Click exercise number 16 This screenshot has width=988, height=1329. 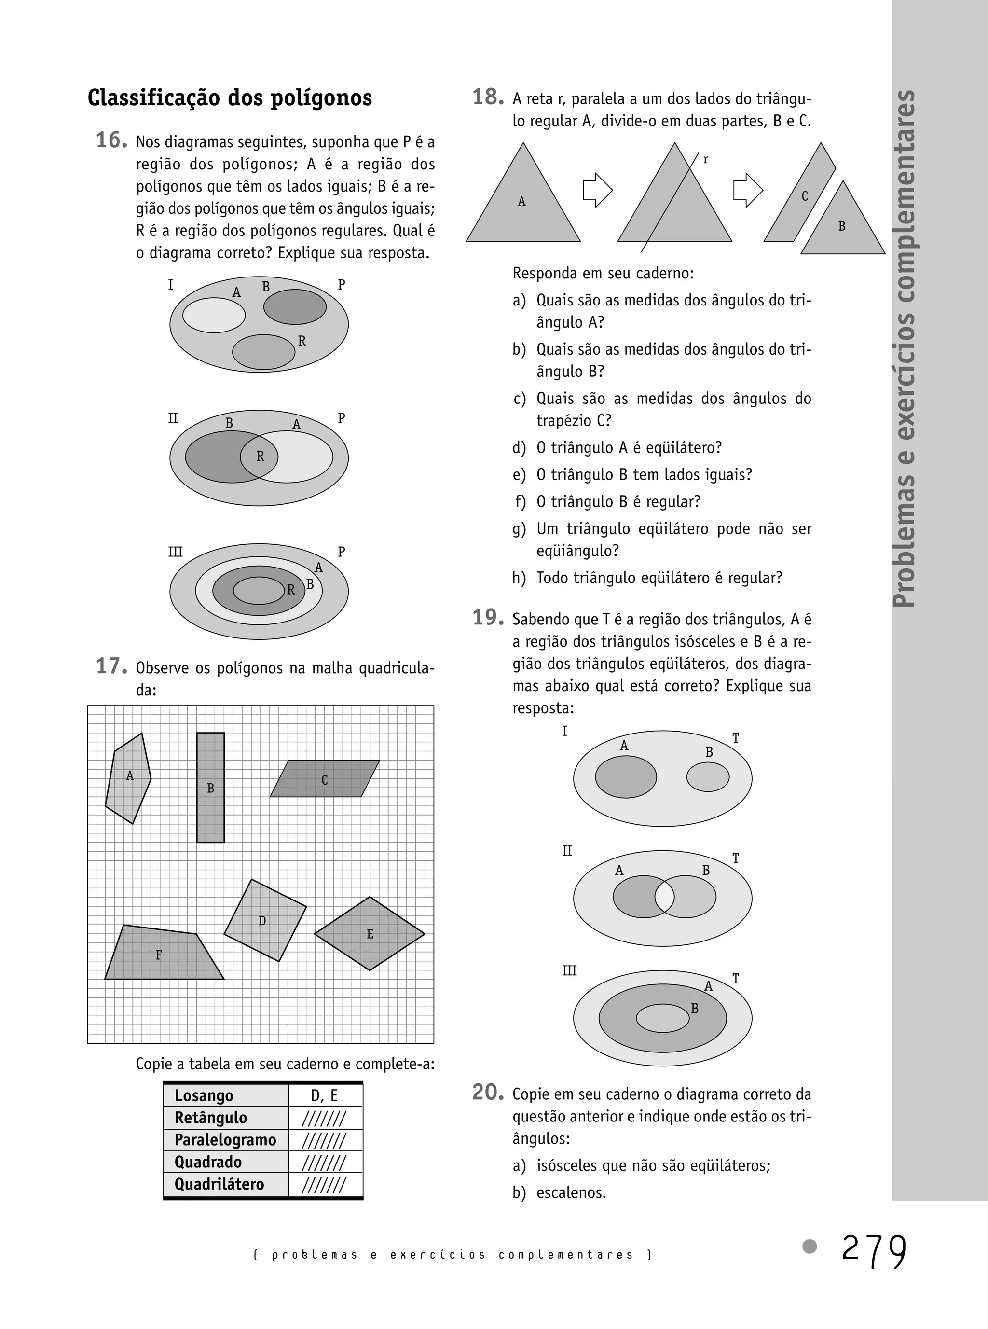111,140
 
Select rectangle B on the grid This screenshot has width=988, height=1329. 210,787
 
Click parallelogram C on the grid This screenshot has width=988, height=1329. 325,779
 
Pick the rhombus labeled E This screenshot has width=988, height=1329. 370,933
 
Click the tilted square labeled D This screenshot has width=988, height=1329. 265,920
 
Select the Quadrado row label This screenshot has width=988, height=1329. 208,1162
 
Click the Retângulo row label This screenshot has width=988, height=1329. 210,1117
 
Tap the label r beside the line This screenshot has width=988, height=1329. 706,160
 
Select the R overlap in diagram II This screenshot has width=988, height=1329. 260,457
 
